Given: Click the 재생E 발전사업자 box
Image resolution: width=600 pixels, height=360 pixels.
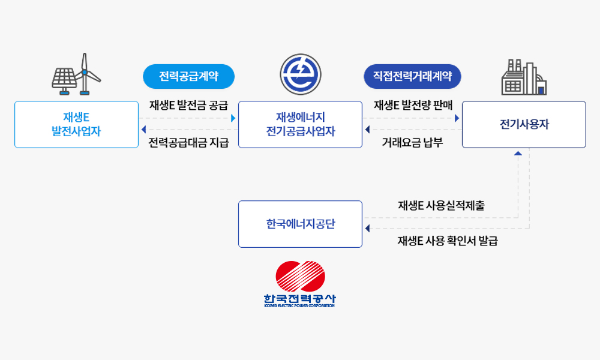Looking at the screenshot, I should pyautogui.click(x=76, y=124).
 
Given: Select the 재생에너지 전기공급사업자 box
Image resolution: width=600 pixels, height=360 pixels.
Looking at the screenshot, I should pyautogui.click(x=300, y=124).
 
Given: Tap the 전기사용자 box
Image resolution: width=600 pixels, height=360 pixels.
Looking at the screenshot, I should pyautogui.click(x=524, y=124).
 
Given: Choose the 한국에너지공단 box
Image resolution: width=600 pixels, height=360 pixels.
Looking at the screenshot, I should pyautogui.click(x=300, y=224).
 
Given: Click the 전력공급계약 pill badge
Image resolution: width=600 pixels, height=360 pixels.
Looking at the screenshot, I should pyautogui.click(x=188, y=76).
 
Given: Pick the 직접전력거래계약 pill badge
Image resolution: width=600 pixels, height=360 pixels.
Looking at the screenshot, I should pyautogui.click(x=412, y=76).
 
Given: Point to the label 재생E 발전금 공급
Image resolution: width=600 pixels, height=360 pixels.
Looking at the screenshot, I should pyautogui.click(x=188, y=106).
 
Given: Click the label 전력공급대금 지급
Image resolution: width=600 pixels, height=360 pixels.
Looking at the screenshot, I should pyautogui.click(x=188, y=143).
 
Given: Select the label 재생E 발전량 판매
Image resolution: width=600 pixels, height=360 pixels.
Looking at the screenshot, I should pyautogui.click(x=413, y=106).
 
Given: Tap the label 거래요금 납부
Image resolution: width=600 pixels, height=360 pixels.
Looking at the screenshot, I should pyautogui.click(x=412, y=143).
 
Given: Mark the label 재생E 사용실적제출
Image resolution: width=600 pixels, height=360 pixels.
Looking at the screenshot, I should pyautogui.click(x=441, y=205).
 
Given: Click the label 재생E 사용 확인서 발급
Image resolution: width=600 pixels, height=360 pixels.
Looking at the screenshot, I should pyautogui.click(x=447, y=241).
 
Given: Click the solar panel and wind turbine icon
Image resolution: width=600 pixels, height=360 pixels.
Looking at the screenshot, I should pyautogui.click(x=76, y=75).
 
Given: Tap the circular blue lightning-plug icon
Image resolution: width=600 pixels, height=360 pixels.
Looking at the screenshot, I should pyautogui.click(x=300, y=75).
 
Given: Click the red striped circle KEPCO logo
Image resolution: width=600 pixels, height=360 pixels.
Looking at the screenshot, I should pyautogui.click(x=299, y=276).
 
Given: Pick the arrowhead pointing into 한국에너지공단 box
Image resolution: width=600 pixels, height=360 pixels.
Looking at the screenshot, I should pyautogui.click(x=367, y=228).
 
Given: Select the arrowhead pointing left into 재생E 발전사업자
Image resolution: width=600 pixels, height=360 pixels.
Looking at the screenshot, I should pyautogui.click(x=143, y=130).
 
